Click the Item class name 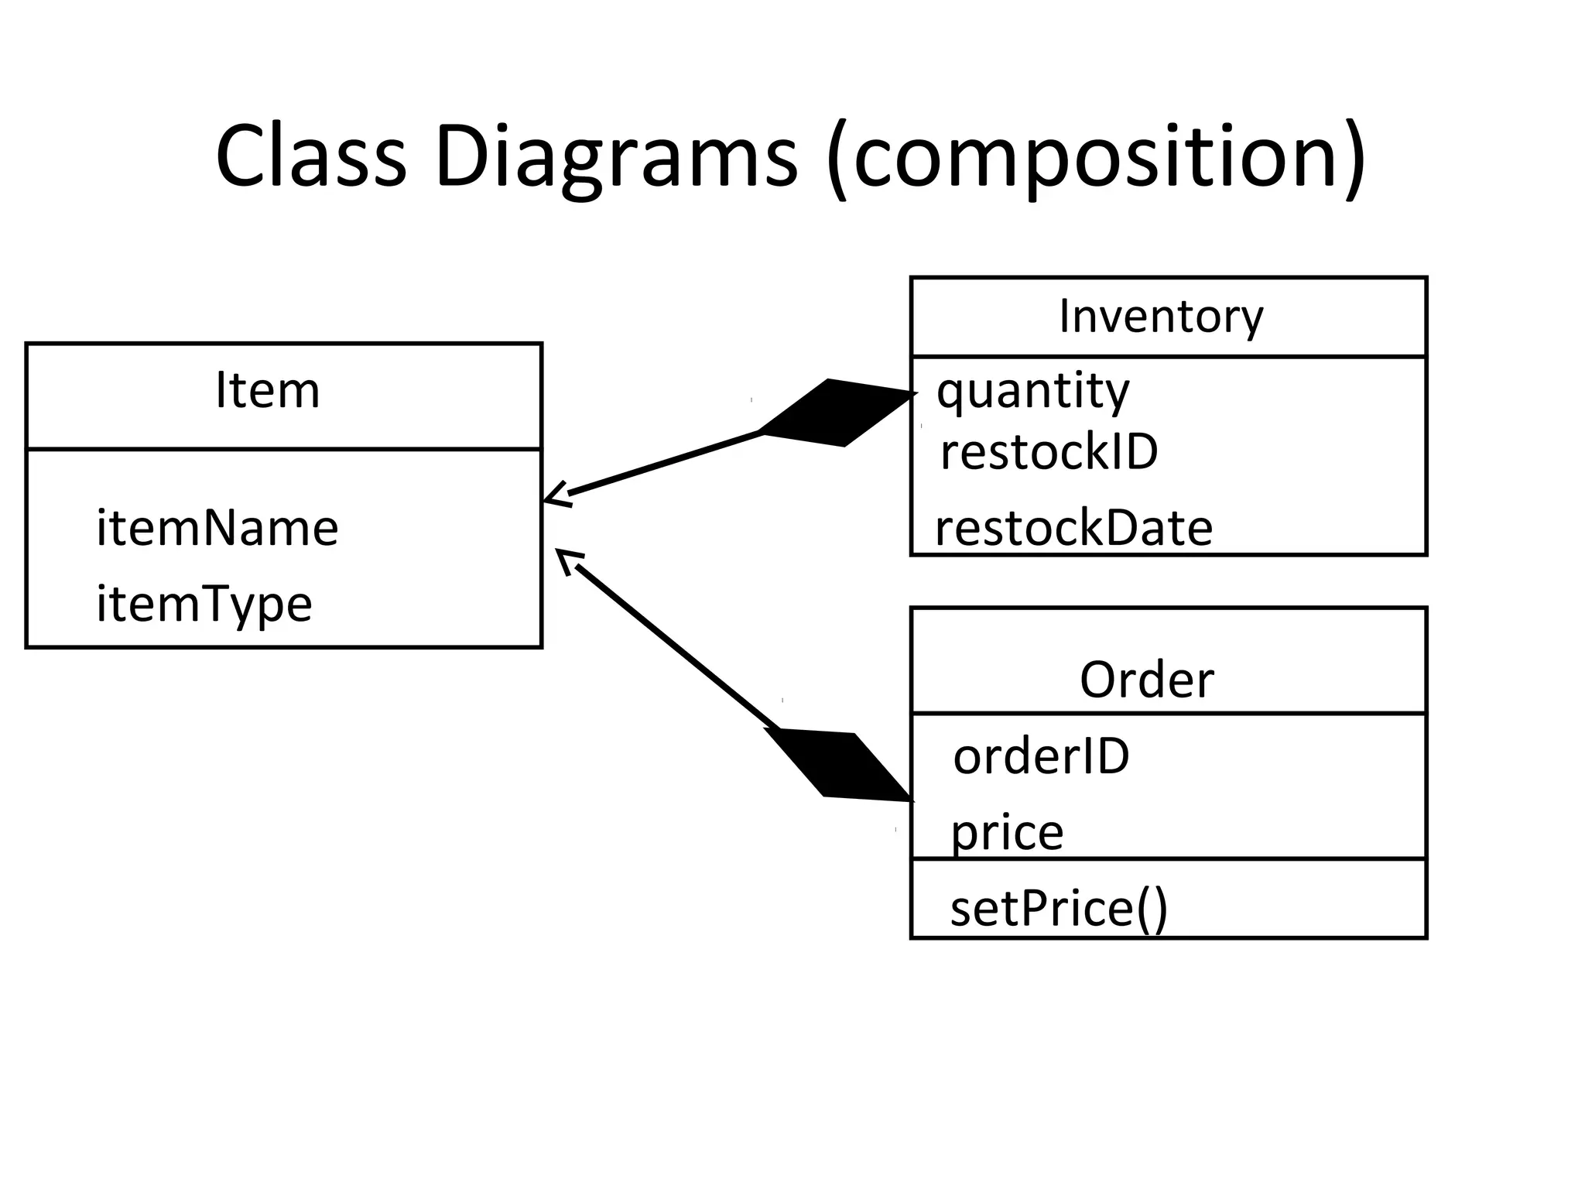267,391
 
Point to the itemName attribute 217,528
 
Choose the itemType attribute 204,605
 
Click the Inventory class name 1161,317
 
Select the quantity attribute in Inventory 1033,392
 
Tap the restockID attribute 1049,452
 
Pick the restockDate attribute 1073,529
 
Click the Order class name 1146,680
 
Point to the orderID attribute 1041,756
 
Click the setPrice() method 1058,909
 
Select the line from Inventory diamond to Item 666,463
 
